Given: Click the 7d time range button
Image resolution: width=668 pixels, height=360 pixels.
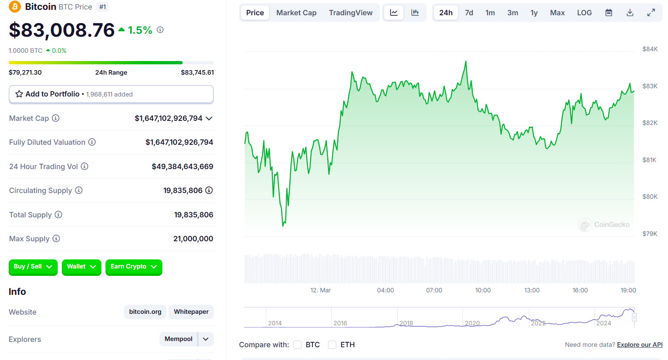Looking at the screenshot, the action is pos(469,13).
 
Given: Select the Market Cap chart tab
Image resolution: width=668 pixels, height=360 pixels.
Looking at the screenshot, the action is pos(296,13).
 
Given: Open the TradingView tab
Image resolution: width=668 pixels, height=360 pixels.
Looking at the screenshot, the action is pos(351,13).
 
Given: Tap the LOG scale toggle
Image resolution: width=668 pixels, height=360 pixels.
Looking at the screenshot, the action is pos(584,13).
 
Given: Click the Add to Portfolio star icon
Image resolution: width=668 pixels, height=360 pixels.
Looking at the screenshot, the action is pos(19,94).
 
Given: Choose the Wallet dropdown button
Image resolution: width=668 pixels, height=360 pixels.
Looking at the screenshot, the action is pos(82,266).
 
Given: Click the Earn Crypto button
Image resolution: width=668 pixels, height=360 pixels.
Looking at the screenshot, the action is pos(134,266).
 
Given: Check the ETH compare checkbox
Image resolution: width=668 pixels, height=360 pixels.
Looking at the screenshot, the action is pos(332,345).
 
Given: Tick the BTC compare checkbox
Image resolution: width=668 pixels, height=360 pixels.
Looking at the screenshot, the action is pos(297,345).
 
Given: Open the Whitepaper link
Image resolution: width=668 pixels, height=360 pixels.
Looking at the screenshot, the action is pos(191,312).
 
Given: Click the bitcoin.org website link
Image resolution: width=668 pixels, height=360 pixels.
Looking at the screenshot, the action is pos(145,312).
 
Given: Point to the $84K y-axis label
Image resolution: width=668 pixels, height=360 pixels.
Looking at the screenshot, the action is pos(650,49).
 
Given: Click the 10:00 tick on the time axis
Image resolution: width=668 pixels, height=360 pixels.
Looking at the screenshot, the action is pos(483,290).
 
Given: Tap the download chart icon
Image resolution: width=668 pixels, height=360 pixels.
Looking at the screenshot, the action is pos(630,12).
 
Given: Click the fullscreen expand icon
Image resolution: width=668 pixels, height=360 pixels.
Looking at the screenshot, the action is pos(651,12).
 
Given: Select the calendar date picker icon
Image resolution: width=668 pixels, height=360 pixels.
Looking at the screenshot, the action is pos(609,12).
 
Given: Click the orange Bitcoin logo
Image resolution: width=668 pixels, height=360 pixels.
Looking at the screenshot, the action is pos(14,7).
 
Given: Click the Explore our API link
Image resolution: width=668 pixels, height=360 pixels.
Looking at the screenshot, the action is pos(640,345).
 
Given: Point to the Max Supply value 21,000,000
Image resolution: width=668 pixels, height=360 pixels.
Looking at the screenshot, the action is pos(193,239).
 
